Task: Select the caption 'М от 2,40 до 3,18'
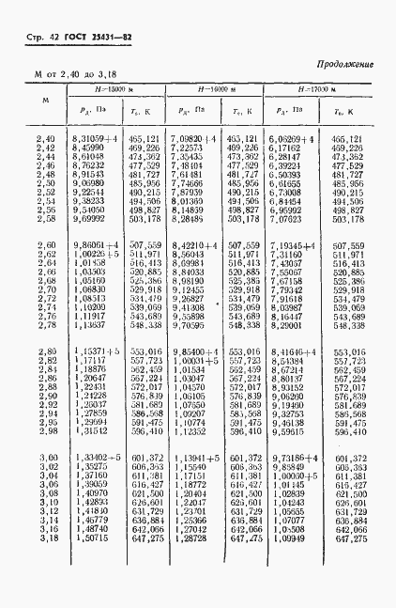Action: [77, 71]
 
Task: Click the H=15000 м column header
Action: [117, 88]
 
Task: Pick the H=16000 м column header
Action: [215, 88]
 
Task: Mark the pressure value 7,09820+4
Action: [196, 138]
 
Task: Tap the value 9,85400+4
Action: [197, 351]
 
